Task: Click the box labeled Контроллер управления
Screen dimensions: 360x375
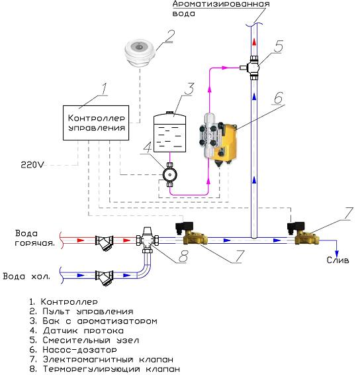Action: [x=96, y=123]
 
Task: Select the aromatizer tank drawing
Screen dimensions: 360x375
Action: [x=169, y=132]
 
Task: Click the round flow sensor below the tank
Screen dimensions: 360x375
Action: [x=169, y=175]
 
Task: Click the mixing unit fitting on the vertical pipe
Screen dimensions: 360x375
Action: [x=252, y=68]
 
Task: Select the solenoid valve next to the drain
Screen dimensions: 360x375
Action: [x=304, y=233]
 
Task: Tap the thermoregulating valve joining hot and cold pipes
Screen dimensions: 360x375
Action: [x=148, y=240]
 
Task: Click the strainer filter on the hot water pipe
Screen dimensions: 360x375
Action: [x=105, y=242]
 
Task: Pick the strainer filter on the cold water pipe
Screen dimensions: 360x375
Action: [x=105, y=278]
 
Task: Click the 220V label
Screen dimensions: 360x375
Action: [x=32, y=165]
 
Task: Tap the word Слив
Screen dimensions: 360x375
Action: [x=337, y=260]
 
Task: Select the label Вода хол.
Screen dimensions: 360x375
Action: [x=26, y=276]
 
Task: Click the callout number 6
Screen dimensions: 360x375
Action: [x=279, y=98]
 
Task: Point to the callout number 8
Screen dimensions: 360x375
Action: [x=183, y=256]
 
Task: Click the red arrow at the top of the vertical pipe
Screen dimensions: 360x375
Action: [x=254, y=42]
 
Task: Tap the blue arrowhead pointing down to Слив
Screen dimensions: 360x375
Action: [x=337, y=254]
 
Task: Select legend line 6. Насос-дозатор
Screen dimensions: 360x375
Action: [x=73, y=350]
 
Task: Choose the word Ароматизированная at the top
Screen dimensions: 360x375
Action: [x=221, y=4]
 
